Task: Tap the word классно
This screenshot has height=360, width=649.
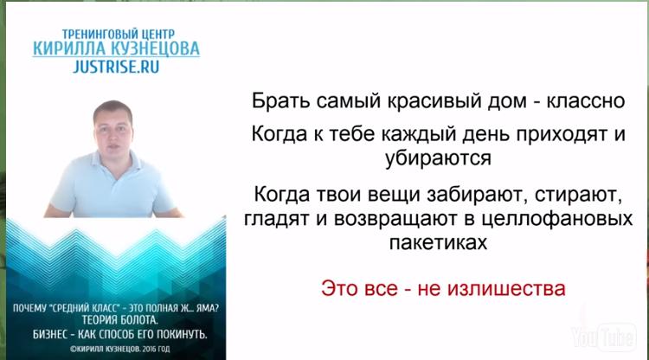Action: pos(586,100)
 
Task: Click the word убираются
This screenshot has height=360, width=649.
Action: pos(438,157)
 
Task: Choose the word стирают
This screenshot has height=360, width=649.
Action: pos(579,195)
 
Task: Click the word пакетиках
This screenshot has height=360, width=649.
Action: pos(438,242)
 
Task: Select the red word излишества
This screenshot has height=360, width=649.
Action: pos(506,288)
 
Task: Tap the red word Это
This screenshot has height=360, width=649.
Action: pos(339,288)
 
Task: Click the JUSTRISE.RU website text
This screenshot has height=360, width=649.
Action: pos(116,67)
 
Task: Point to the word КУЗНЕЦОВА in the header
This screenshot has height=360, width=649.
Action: pos(154,48)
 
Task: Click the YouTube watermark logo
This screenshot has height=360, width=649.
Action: pos(604,337)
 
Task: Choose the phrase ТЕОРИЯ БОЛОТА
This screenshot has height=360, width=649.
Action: pos(120,320)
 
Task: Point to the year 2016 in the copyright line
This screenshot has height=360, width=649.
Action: pos(148,350)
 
